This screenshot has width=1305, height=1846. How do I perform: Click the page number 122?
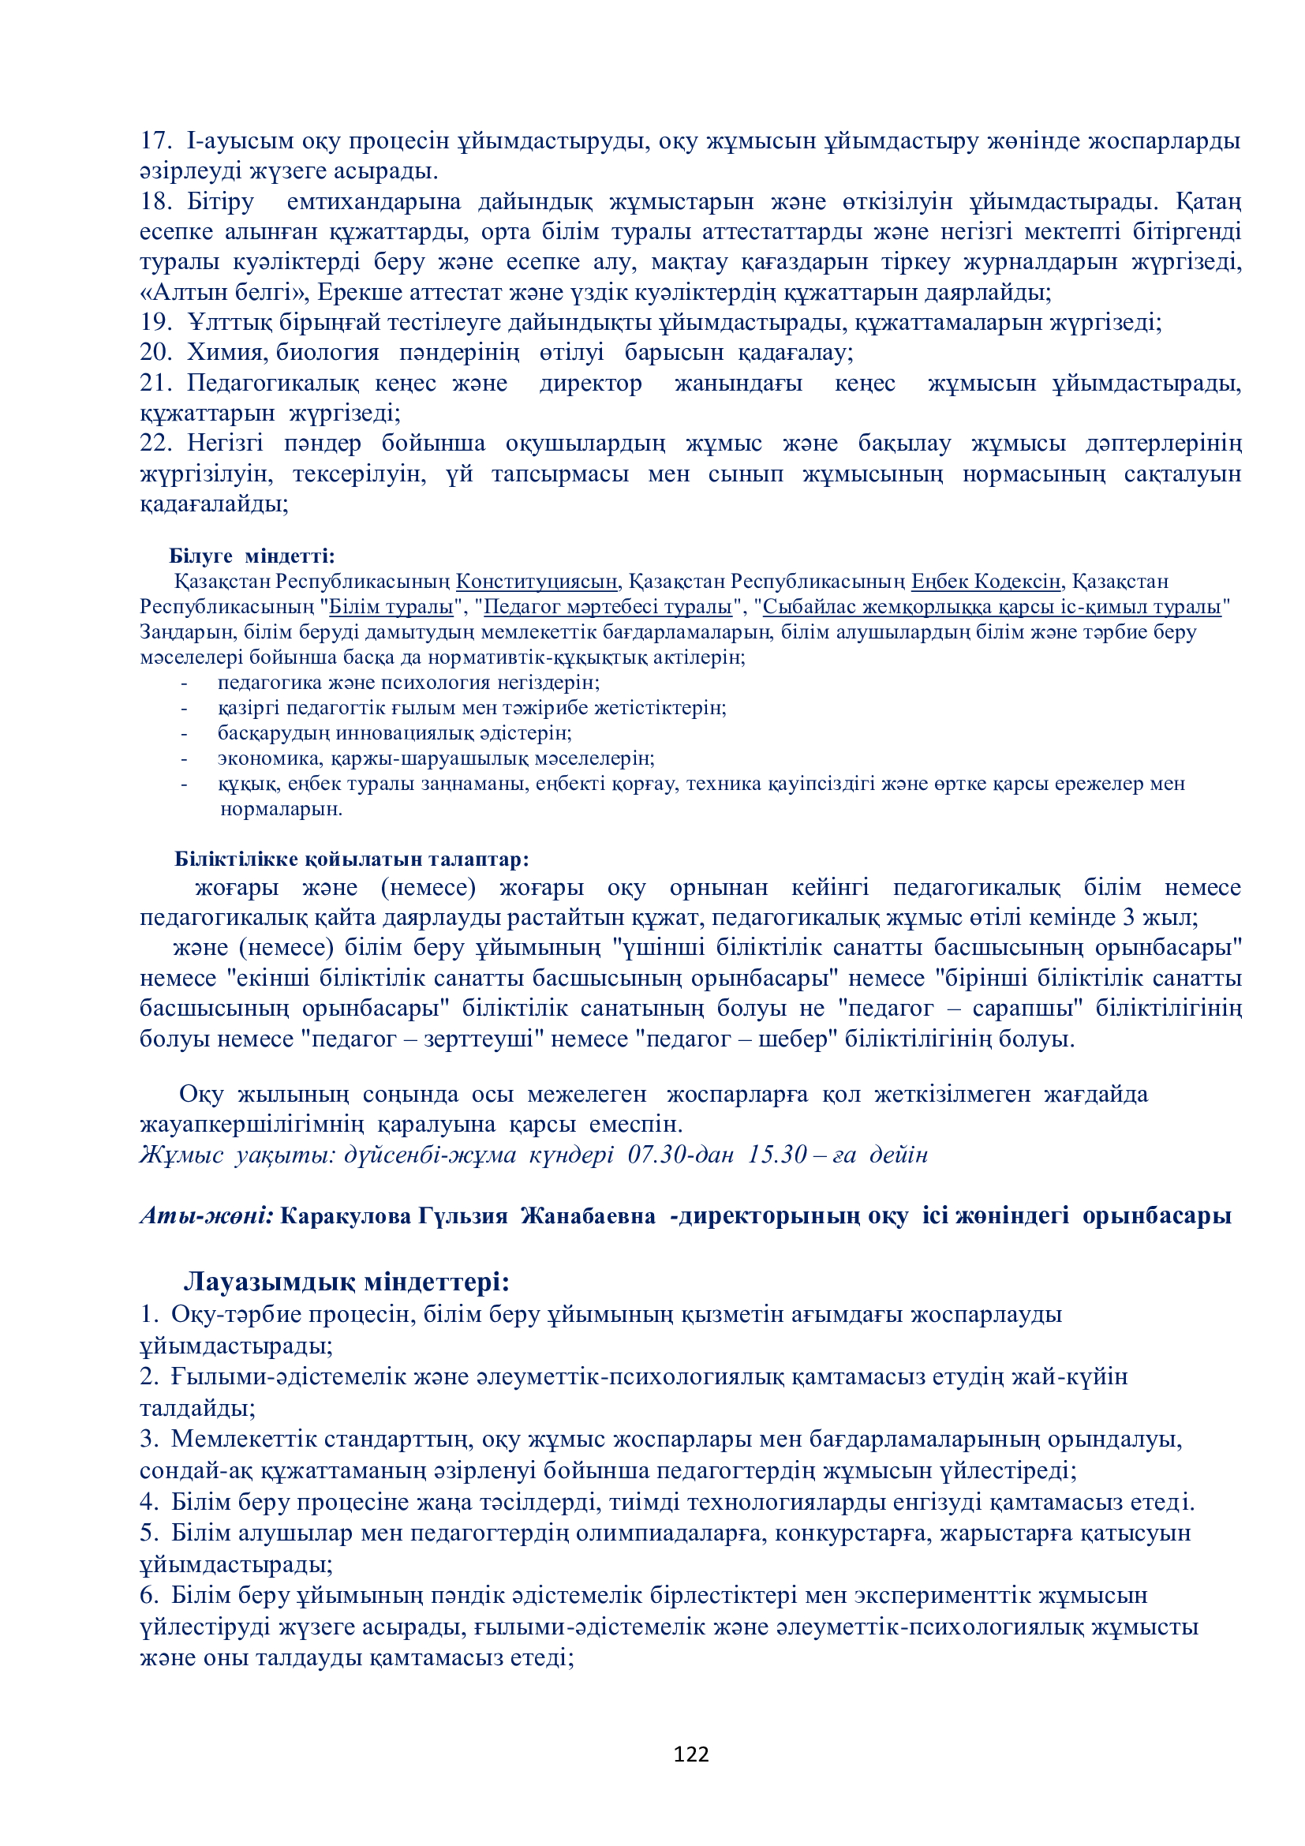pyautogui.click(x=690, y=1754)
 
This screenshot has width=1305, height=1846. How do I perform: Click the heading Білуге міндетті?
pyautogui.click(x=252, y=556)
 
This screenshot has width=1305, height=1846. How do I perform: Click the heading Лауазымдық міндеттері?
pyautogui.click(x=346, y=1280)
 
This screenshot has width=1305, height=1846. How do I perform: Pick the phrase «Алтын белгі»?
pyautogui.click(x=225, y=292)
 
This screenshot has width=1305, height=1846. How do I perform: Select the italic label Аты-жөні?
pyautogui.click(x=207, y=1215)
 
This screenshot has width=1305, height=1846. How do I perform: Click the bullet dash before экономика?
pyautogui.click(x=185, y=758)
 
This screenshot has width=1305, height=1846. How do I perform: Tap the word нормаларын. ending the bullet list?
pyautogui.click(x=281, y=809)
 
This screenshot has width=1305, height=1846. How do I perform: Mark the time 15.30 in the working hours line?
pyautogui.click(x=777, y=1155)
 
